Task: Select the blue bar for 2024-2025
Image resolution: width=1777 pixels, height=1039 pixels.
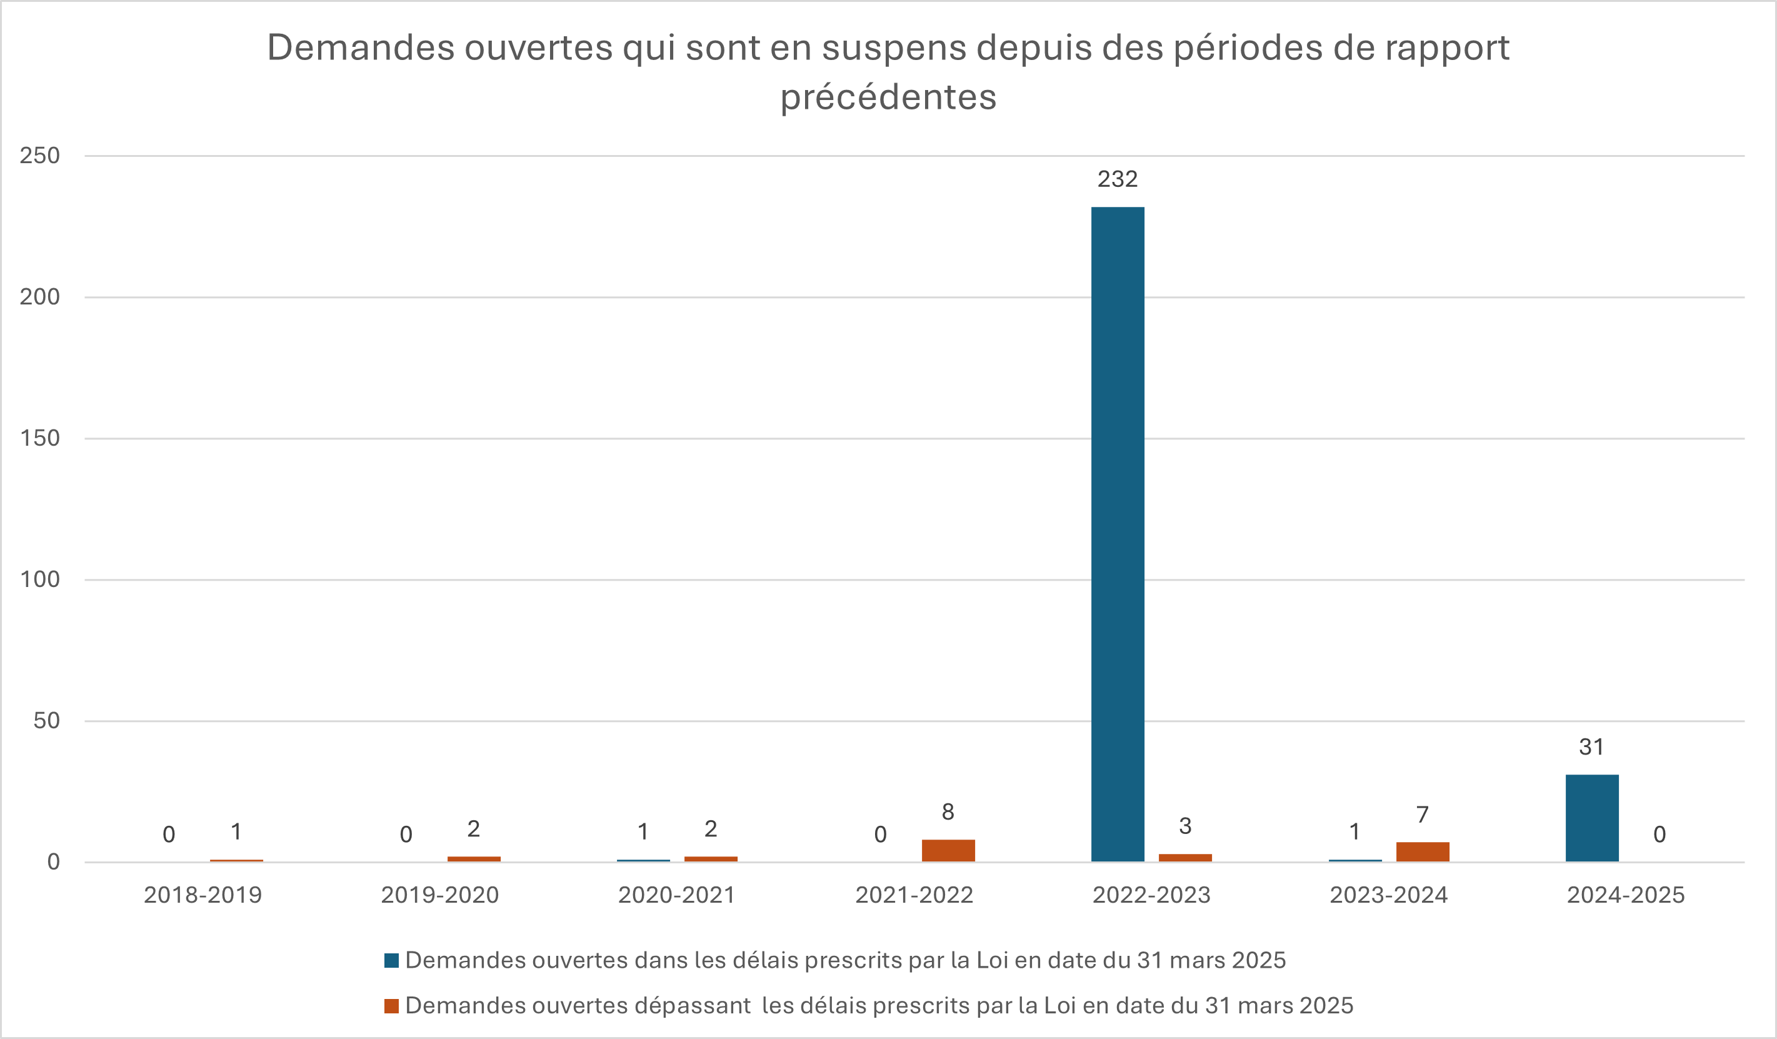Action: click(1592, 818)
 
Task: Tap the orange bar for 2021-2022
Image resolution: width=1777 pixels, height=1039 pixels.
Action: click(948, 851)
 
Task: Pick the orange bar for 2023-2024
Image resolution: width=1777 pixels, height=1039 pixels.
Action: click(1423, 852)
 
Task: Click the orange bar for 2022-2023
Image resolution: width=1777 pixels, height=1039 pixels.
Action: click(1185, 858)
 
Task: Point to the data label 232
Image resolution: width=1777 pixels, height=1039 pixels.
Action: click(1118, 179)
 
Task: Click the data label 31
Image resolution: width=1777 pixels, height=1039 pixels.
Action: click(1591, 747)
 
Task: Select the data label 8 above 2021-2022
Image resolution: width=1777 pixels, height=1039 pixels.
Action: click(948, 812)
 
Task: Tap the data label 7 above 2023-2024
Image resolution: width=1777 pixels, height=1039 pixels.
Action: click(1423, 815)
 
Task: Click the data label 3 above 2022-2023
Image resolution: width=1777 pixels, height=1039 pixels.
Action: click(1185, 826)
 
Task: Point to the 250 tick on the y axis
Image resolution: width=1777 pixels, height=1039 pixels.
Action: click(39, 155)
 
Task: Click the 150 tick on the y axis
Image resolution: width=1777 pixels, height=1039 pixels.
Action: click(39, 438)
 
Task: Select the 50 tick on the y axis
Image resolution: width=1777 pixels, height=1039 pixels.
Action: click(46, 720)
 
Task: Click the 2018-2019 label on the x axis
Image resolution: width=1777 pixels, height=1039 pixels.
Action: click(203, 895)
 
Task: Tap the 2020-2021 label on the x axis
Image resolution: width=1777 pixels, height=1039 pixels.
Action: click(677, 895)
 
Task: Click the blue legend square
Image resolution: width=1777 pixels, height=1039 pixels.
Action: click(391, 961)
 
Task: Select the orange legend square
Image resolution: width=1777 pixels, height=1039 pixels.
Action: click(391, 1006)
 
